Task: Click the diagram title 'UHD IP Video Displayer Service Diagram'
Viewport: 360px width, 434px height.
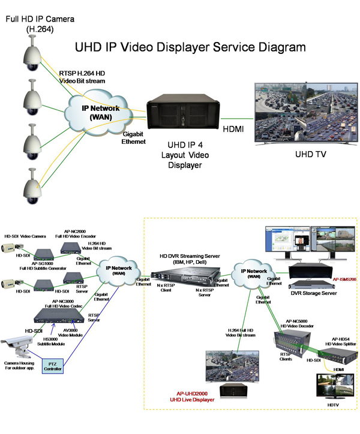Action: point(190,47)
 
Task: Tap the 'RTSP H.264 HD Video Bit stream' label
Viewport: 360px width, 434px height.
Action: point(82,77)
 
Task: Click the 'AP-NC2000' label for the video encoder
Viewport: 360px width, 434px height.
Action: point(76,230)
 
